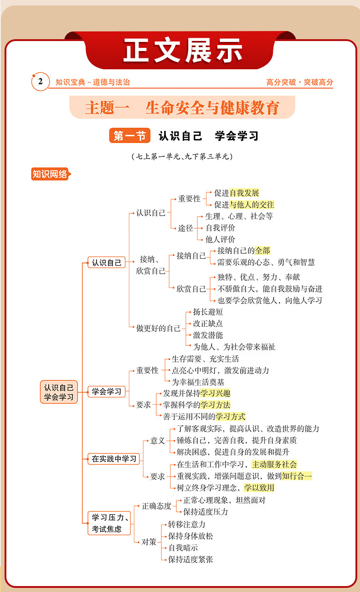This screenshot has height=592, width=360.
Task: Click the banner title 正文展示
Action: (x=183, y=51)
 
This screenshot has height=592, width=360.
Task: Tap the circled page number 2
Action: (x=40, y=82)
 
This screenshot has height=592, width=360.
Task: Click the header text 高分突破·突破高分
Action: (x=300, y=82)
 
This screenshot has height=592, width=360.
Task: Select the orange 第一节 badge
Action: (x=129, y=136)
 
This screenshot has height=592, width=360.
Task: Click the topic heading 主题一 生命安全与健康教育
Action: (x=182, y=108)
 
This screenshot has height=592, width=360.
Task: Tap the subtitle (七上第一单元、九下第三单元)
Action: (x=181, y=157)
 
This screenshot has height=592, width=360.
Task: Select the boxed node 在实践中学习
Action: (x=114, y=459)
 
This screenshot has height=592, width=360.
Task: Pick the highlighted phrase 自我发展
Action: (x=244, y=193)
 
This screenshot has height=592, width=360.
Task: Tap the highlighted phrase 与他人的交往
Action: (x=252, y=205)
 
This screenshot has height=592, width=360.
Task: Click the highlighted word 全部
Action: (x=262, y=251)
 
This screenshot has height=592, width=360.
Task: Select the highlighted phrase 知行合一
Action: (x=297, y=476)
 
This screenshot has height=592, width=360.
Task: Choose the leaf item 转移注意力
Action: (x=187, y=525)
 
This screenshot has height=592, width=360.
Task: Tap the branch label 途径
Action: (x=185, y=228)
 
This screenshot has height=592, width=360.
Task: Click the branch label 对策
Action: (x=149, y=542)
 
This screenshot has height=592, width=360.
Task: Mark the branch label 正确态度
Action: (x=156, y=506)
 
